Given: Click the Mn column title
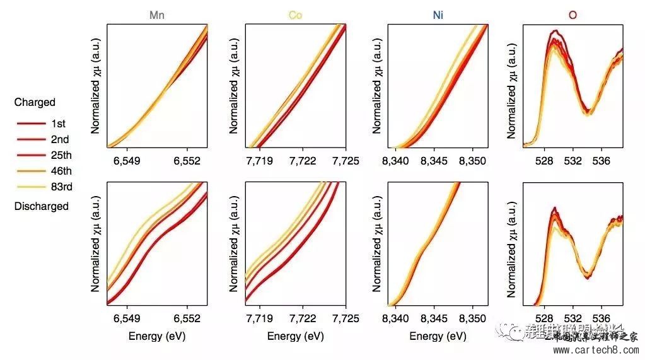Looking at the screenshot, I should [x=157, y=15].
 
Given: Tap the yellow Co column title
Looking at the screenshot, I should [x=295, y=15].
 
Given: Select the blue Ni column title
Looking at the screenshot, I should [x=438, y=15].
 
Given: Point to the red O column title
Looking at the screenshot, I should [x=572, y=15].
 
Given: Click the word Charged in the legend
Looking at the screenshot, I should [x=35, y=102].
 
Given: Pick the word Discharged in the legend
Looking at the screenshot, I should [x=41, y=206].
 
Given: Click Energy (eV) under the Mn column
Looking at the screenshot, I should [x=157, y=336].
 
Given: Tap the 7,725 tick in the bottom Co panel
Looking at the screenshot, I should [x=346, y=318].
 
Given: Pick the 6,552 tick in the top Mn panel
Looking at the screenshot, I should [x=187, y=161].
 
